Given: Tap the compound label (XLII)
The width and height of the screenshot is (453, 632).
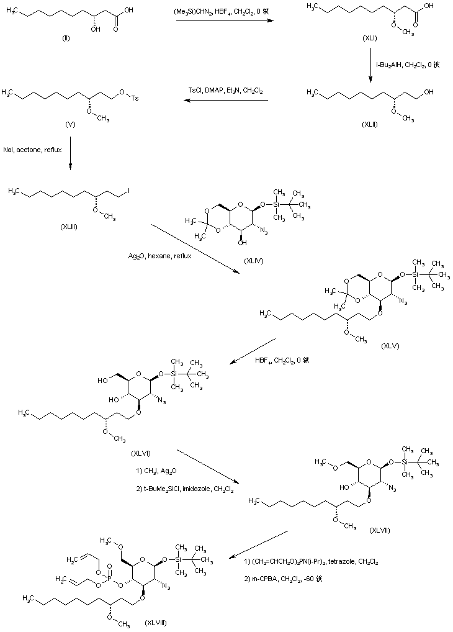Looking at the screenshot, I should tap(370, 124).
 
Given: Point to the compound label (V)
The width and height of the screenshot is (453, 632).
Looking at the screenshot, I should tap(70, 125).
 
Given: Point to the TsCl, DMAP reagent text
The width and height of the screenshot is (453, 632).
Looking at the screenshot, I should tap(225, 91).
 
